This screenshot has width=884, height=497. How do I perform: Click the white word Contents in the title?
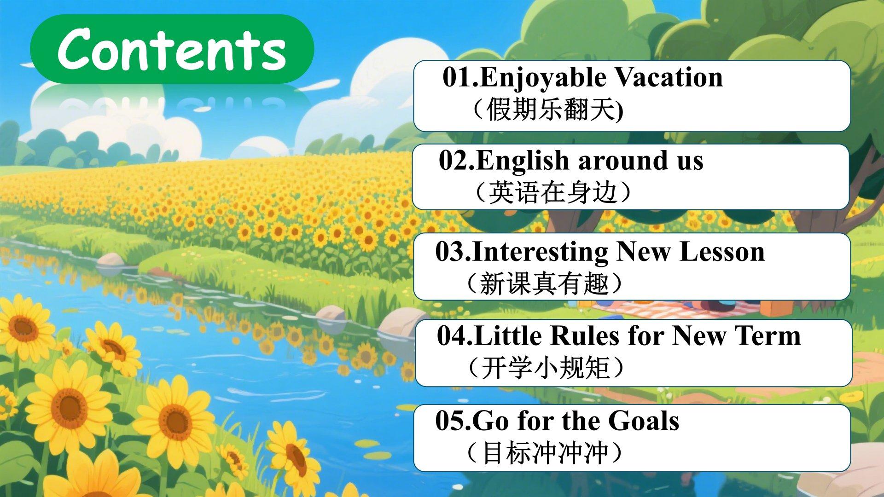tap(172, 49)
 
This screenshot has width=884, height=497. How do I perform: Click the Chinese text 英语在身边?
tap(552, 192)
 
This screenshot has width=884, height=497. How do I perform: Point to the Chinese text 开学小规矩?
tap(545, 368)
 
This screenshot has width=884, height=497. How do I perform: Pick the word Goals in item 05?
tap(643, 421)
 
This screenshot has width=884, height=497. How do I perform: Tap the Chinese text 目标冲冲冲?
tap(545, 453)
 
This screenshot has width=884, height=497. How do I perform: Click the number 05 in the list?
tap(451, 421)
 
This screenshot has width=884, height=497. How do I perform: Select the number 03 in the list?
tap(451, 252)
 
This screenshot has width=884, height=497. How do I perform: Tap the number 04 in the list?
tap(453, 336)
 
